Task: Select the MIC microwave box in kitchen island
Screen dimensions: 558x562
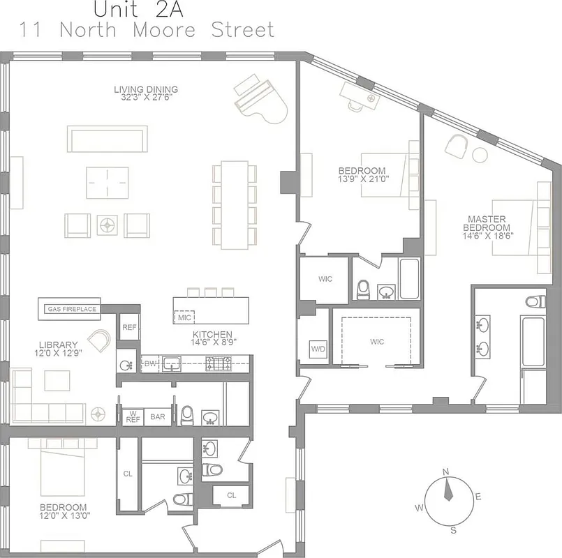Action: click(184, 317)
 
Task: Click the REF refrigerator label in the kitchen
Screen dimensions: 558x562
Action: click(129, 327)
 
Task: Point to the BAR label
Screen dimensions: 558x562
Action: click(158, 416)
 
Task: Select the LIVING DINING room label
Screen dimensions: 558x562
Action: click(146, 89)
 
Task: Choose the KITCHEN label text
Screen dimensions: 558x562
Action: click(212, 334)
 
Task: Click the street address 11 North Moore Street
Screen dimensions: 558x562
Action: click(147, 31)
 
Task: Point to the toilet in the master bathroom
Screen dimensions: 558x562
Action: click(534, 302)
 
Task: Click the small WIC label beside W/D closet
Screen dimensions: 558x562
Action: click(325, 279)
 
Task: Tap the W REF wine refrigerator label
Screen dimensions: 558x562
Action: click(133, 416)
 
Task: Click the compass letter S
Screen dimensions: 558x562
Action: click(454, 531)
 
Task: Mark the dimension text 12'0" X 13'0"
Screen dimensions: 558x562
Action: click(63, 516)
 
